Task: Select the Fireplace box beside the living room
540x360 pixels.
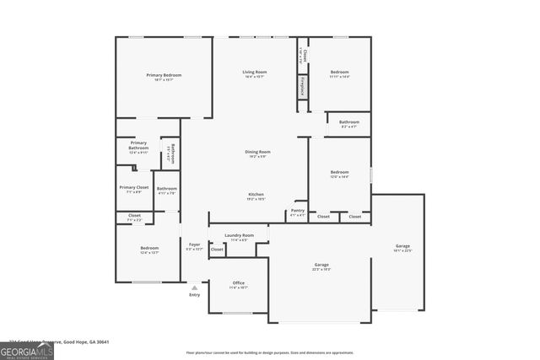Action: pyautogui.click(x=302, y=86)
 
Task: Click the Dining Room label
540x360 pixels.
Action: pyautogui.click(x=257, y=153)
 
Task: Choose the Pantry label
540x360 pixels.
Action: pyautogui.click(x=298, y=212)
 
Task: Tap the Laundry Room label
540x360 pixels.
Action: pyautogui.click(x=239, y=237)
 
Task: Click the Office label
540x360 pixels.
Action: pyautogui.click(x=238, y=285)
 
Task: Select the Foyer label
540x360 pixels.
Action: pyautogui.click(x=195, y=246)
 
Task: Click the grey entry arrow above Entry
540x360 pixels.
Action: pyautogui.click(x=195, y=287)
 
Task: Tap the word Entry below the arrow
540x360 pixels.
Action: pyautogui.click(x=195, y=295)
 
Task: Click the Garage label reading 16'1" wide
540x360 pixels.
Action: pyautogui.click(x=402, y=248)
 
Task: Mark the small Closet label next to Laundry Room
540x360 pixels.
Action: pyautogui.click(x=218, y=250)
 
